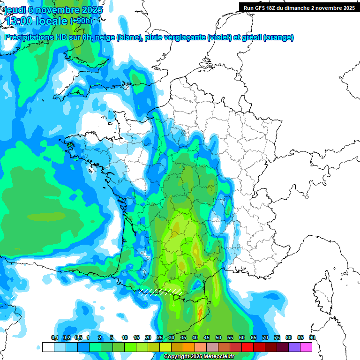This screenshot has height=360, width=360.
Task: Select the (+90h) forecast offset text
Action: pos(81,21)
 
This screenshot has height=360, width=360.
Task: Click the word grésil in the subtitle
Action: pos(251,37)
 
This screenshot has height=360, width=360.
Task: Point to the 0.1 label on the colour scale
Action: pos(54,337)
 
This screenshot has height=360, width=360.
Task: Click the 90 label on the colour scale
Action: pos(312,337)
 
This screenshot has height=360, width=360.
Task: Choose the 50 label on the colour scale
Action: pos(218,337)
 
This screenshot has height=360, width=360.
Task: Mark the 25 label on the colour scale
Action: pos(160,337)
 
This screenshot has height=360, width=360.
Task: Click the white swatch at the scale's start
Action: pos(48,347)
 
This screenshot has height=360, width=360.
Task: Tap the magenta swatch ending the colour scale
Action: pos(306,347)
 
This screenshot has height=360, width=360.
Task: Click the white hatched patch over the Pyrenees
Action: pos(159,291)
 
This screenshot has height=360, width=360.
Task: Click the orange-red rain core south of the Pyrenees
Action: pos(200,311)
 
